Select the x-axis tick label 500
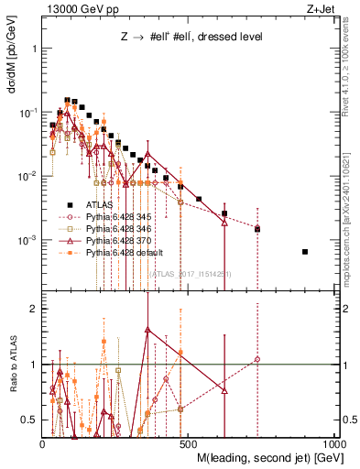coord(190,443)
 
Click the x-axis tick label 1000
coord(335,443)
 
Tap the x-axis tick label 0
coord(43,443)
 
